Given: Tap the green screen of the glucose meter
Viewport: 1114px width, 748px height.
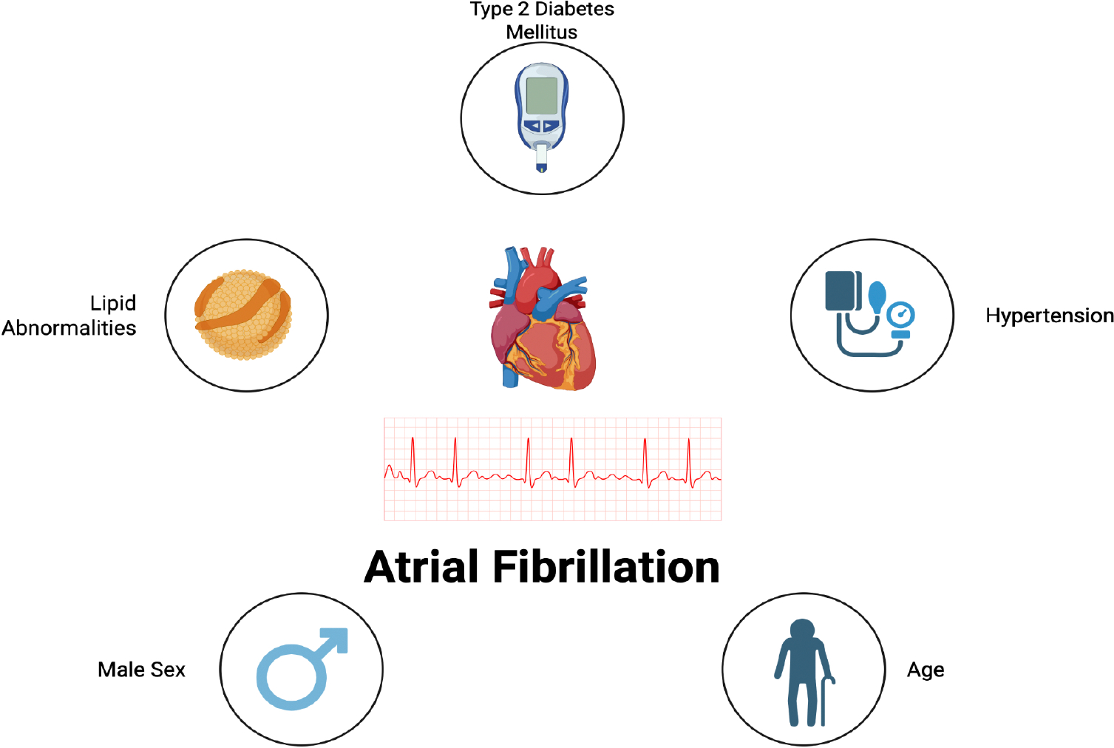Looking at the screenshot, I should (x=542, y=95).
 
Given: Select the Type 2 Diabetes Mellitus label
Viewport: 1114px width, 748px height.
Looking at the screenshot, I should (x=542, y=21).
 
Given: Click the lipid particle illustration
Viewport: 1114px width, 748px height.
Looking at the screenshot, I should (x=243, y=315).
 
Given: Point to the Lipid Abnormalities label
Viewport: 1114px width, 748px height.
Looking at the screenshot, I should (x=69, y=316).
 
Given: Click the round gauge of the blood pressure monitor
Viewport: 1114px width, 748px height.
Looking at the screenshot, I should (x=901, y=315).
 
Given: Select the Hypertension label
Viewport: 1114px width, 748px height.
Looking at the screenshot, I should (x=1049, y=316).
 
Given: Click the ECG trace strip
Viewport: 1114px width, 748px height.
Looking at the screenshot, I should (x=552, y=469).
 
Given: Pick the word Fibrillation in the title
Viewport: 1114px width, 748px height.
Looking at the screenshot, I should (x=606, y=568).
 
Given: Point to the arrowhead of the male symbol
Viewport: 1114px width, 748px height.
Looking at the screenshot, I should (x=336, y=639).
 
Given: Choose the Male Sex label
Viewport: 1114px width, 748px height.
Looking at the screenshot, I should (x=141, y=670).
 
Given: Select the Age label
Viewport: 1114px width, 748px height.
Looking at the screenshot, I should (x=925, y=670).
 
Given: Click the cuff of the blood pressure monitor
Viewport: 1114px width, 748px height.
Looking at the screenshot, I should (x=840, y=290).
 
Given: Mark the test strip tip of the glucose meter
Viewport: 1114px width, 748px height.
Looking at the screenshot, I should (x=542, y=167).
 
